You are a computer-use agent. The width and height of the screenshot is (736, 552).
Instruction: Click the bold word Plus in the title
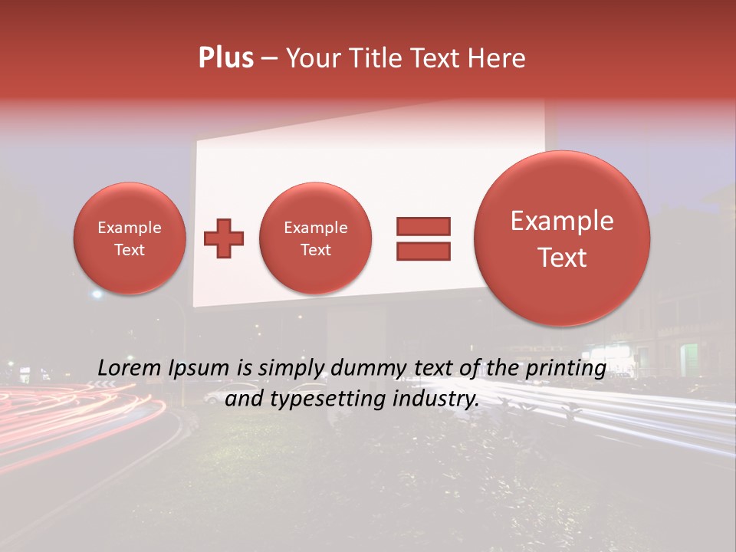[225, 58]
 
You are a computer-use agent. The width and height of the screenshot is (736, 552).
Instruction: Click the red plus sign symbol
[224, 238]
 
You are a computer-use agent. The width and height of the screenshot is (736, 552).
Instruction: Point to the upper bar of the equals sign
[422, 227]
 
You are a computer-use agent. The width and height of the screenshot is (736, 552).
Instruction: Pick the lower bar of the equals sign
[422, 251]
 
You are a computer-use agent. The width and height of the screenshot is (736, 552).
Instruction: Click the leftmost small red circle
[129, 238]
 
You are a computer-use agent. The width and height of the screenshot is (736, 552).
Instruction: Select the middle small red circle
[315, 238]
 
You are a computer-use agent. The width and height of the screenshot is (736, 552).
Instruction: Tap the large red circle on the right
[562, 238]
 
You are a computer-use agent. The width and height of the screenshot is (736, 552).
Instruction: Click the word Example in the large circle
[562, 221]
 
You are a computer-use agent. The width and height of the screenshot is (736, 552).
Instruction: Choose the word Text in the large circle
[562, 258]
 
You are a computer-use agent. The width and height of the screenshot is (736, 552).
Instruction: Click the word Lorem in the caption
[128, 369]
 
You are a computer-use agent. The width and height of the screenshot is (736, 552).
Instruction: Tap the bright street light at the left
[97, 294]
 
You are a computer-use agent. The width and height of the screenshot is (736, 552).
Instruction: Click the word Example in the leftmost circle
[129, 228]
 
